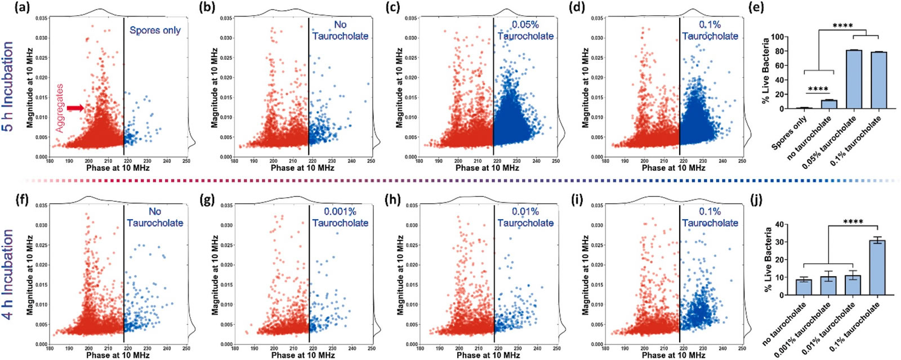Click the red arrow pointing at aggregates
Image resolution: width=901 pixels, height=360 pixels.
pos(75,108)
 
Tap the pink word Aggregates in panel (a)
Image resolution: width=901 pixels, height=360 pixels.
pos(60,108)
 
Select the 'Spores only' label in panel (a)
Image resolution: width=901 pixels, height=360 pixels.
pos(155,30)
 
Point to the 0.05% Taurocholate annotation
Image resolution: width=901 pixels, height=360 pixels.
pos(525,30)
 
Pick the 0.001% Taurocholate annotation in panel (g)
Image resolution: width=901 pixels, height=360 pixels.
pos(340,217)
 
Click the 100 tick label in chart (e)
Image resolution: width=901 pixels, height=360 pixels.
pos(776,37)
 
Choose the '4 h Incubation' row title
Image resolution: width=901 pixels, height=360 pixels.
pos(8,274)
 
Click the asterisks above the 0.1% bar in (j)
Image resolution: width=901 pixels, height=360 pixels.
pos(853,221)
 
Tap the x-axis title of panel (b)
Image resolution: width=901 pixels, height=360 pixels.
pos(302,168)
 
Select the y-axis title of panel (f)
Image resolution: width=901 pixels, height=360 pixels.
pos(30,275)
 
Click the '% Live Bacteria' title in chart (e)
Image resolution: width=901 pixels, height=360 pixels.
pos(765,71)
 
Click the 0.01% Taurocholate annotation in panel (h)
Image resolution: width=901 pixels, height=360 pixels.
pos(525,217)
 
